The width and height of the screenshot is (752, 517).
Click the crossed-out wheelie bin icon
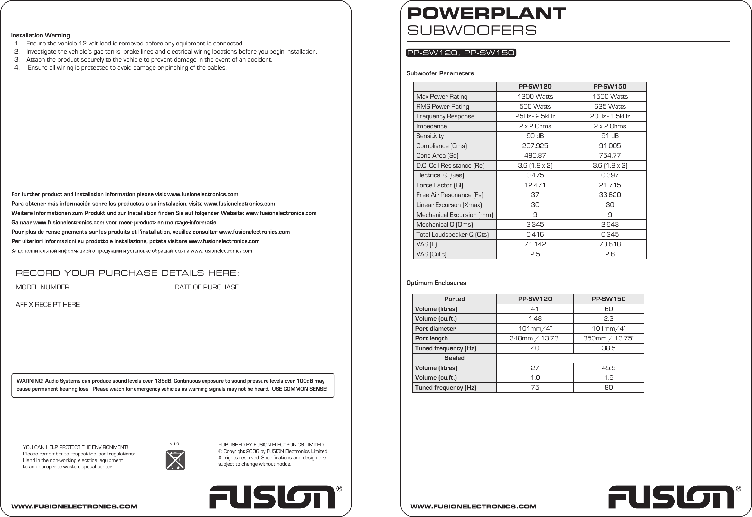[175, 460]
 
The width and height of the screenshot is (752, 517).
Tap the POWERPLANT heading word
[486, 13]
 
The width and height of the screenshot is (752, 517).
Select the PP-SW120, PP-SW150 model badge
[461, 53]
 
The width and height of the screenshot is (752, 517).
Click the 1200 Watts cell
[535, 96]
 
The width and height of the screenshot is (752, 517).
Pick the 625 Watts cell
[610, 106]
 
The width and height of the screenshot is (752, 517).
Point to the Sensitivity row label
[430, 136]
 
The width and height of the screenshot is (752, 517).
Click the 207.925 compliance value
[535, 146]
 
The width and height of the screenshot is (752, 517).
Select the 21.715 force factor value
[610, 185]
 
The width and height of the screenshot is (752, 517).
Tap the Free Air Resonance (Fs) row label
[449, 195]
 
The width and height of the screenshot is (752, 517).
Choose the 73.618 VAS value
[610, 244]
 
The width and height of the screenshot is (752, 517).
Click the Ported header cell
[454, 299]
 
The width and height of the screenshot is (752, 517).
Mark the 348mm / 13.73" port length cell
[535, 338]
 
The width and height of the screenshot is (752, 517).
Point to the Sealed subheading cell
[454, 358]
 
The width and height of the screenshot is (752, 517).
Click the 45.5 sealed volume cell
[608, 368]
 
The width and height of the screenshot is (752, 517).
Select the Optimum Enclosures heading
[436, 283]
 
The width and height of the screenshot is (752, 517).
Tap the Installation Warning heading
[41, 35]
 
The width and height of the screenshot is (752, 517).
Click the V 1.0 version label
[174, 444]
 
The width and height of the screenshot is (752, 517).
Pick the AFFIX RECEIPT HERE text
[48, 305]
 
